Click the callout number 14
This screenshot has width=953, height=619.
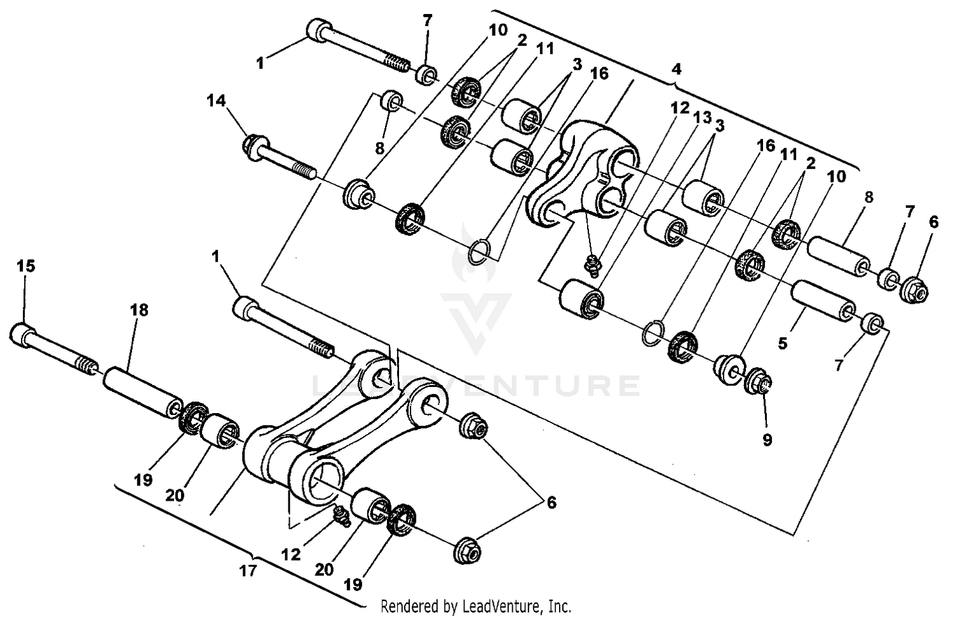216,100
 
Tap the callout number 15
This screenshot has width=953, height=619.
25,266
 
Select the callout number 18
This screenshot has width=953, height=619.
139,310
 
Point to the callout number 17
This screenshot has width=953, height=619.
248,570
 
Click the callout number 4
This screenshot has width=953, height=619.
676,67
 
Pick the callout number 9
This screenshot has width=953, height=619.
767,439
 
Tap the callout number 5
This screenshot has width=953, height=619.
783,343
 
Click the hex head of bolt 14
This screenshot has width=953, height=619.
253,147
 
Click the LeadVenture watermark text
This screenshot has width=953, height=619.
476,386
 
